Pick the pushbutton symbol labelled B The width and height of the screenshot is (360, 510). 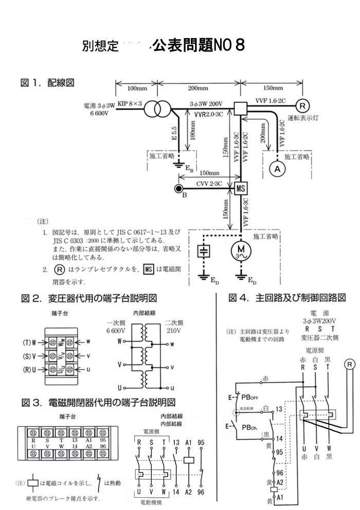pyautogui.click(x=178, y=188)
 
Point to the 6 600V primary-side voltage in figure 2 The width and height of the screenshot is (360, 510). pyautogui.click(x=116, y=330)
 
